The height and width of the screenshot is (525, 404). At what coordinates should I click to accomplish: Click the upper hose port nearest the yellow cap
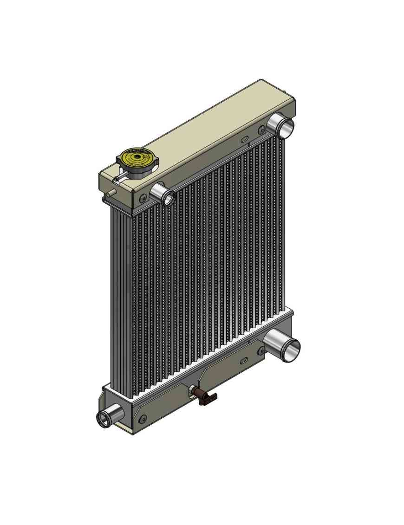pyautogui.click(x=163, y=194)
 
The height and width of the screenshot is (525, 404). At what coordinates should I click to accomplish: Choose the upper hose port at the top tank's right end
pyautogui.click(x=281, y=125)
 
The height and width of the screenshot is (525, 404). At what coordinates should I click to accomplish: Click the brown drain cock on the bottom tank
pyautogui.click(x=204, y=397)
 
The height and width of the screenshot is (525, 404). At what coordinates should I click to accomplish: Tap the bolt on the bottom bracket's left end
pyautogui.click(x=143, y=419)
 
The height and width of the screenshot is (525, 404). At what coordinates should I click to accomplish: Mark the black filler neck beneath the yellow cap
pyautogui.click(x=138, y=172)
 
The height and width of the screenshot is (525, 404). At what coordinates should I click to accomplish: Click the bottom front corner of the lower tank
pyautogui.click(x=133, y=434)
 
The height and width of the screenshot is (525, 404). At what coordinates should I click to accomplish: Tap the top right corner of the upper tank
pyautogui.click(x=294, y=98)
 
